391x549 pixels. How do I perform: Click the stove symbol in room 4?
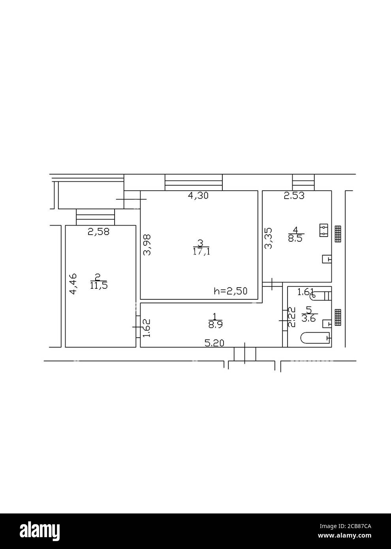(x=324, y=230)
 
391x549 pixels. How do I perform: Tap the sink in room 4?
(x=327, y=259)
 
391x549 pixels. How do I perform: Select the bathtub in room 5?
(x=315, y=338)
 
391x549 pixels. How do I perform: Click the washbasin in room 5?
(x=327, y=323)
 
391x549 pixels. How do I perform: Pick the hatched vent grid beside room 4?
(x=338, y=234)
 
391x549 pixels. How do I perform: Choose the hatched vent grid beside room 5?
(x=338, y=318)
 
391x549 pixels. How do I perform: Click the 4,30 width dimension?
(x=198, y=195)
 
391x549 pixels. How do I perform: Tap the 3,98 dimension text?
(x=147, y=245)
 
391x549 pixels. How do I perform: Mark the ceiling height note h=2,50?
(x=230, y=291)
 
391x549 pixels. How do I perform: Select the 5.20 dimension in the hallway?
(x=214, y=343)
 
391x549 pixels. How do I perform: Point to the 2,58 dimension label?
(x=98, y=232)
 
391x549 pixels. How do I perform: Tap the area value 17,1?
(x=201, y=252)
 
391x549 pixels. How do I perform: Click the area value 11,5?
(x=98, y=286)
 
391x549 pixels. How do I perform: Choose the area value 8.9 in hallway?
(x=214, y=325)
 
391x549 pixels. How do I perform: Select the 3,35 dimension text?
(x=268, y=238)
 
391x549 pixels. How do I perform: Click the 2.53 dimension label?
(x=294, y=195)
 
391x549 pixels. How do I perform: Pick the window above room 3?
(x=194, y=183)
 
